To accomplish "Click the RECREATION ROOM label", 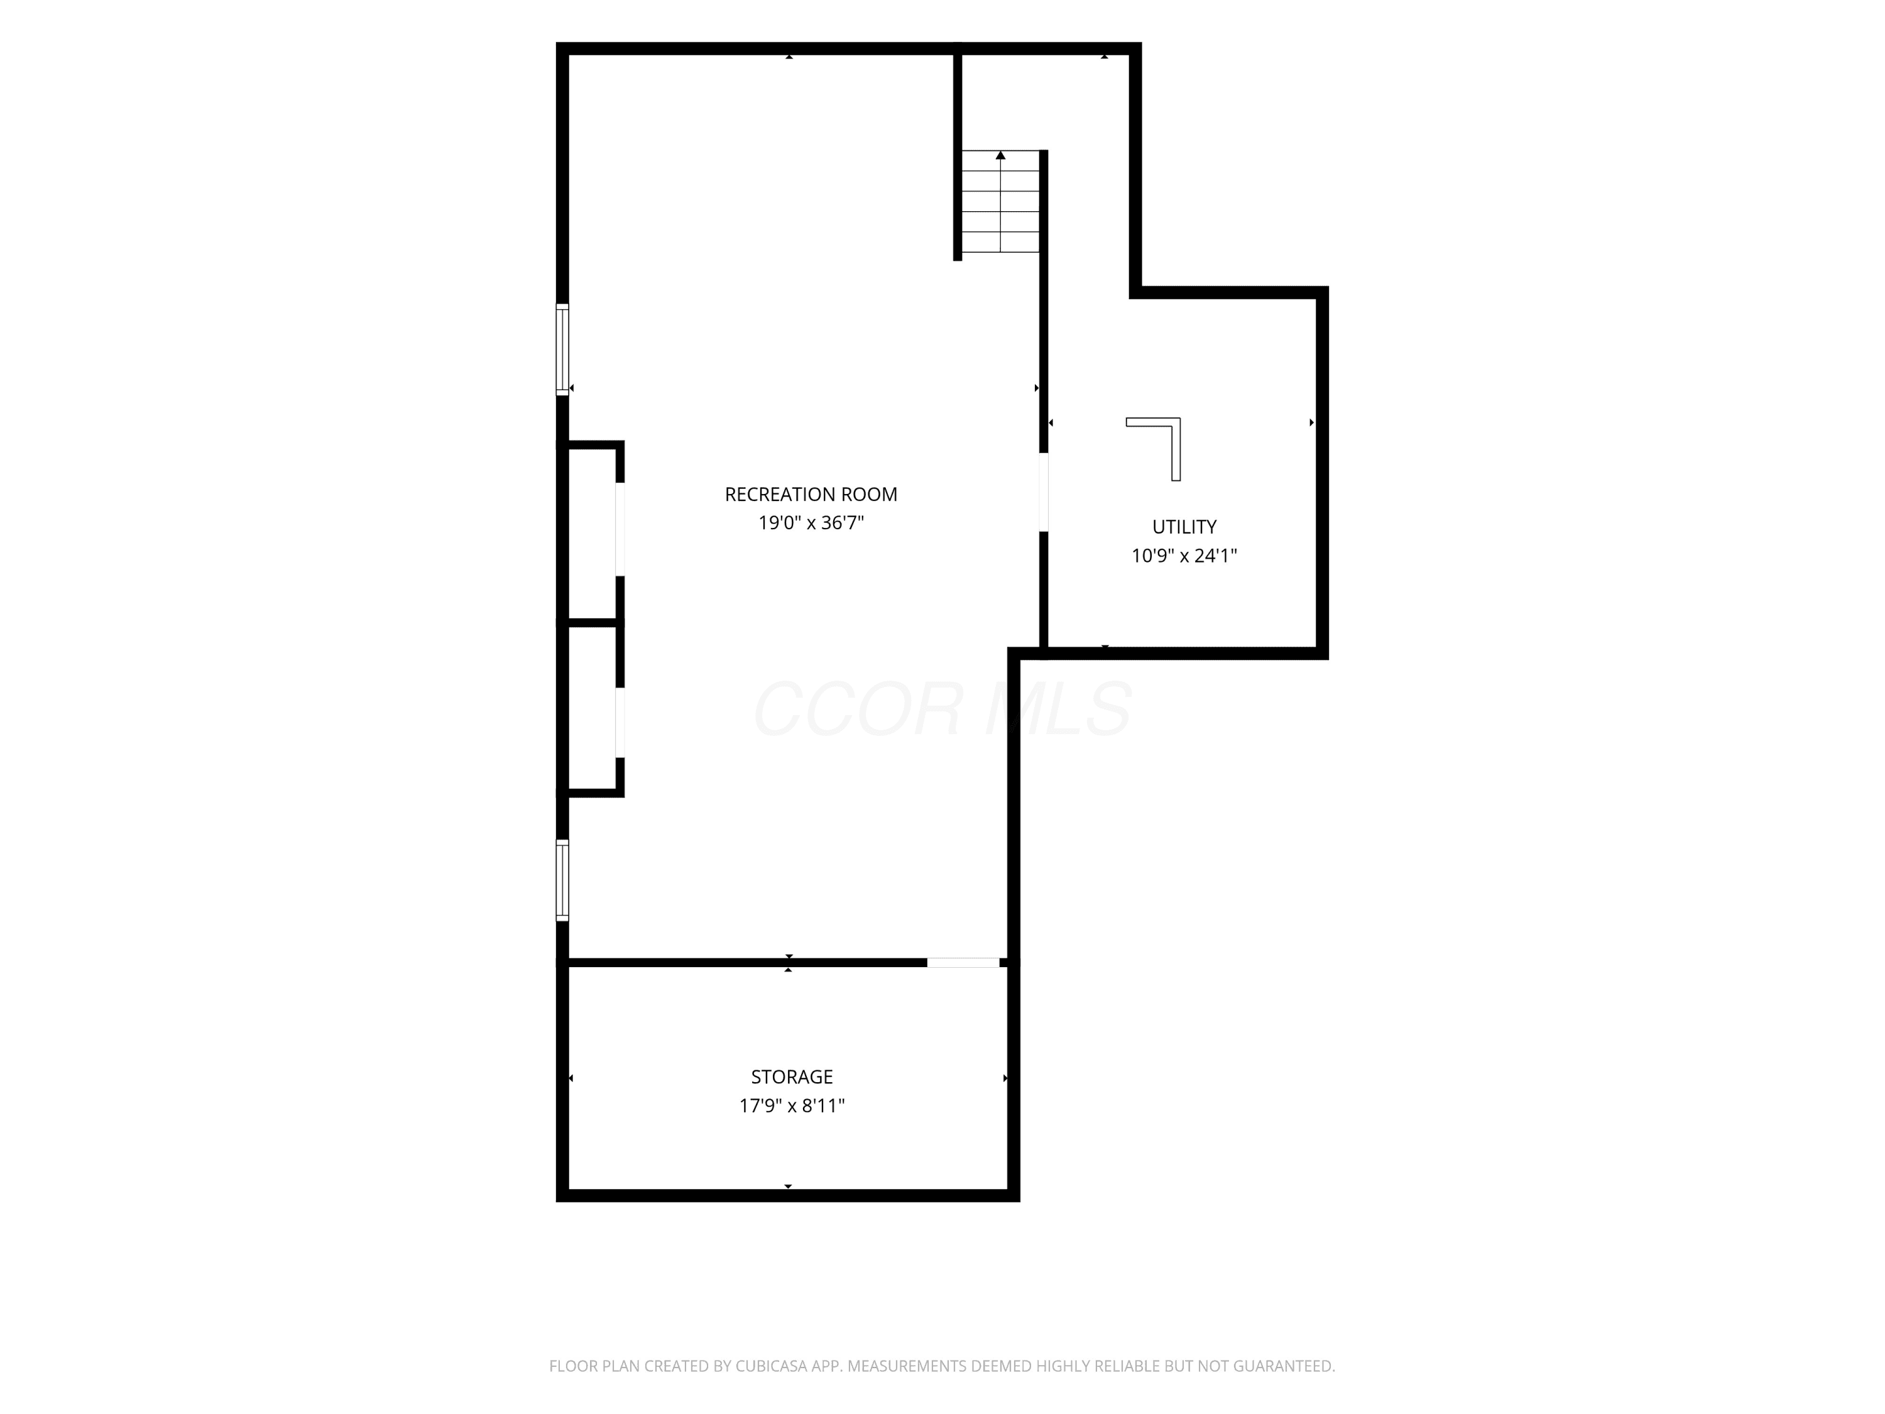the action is pos(811,495).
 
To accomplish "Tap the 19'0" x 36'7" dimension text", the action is pos(811,522).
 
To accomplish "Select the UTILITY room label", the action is pos(1184,527).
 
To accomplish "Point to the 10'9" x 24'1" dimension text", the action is pos(1184,556).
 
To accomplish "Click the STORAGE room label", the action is pos(792,1077).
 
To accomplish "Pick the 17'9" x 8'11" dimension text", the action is pos(792,1106).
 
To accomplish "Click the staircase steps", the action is pos(1000,202).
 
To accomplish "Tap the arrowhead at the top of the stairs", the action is pos(1000,155).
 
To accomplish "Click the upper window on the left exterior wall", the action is pos(562,349).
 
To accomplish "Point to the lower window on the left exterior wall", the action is pos(562,880).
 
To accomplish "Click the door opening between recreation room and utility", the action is pos(1044,492).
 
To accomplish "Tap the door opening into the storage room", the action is pos(963,963).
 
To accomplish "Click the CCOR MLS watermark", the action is pos(942,708).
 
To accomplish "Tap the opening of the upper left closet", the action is pos(620,529).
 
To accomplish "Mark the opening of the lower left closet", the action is pos(620,722).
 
